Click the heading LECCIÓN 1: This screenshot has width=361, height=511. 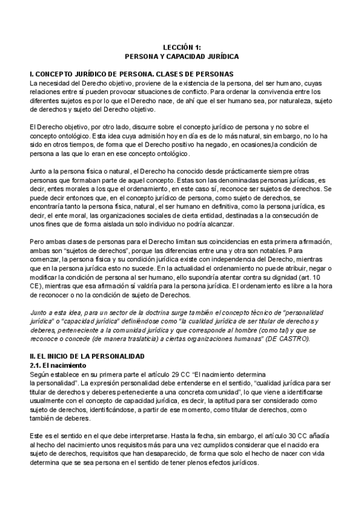coord(181,46)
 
